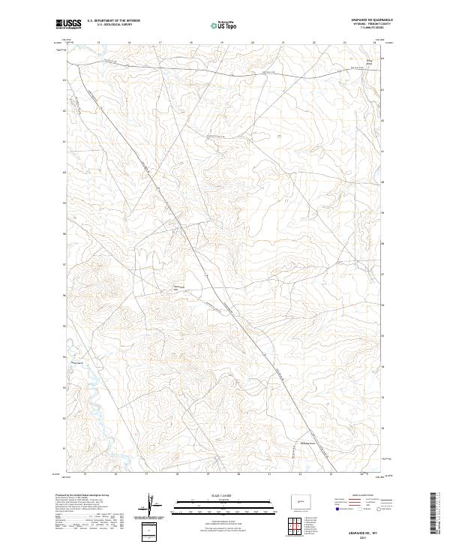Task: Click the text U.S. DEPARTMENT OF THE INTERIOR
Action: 113,21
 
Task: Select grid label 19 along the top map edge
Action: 222,43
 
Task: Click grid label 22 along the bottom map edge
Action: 301,474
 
